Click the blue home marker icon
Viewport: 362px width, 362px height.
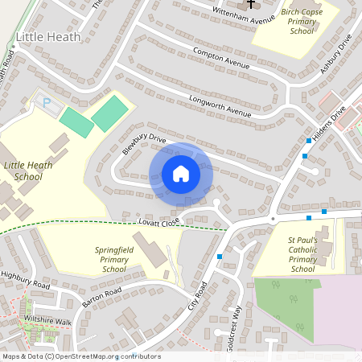(181, 174)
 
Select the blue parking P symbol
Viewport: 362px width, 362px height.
(46, 103)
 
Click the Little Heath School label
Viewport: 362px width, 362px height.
(34, 171)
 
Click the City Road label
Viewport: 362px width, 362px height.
(197, 298)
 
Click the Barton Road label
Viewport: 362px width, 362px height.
(101, 297)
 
